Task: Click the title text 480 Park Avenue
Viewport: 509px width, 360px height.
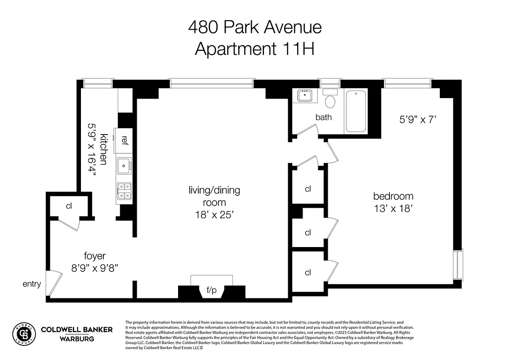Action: point(254,27)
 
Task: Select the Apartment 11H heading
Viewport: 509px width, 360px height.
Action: point(254,49)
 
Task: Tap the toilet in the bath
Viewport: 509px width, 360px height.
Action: point(330,99)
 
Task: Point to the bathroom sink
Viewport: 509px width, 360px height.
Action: point(306,96)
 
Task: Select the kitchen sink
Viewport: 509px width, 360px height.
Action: point(124,166)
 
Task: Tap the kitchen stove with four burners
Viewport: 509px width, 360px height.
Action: point(124,191)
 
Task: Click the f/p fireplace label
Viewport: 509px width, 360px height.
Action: point(211,290)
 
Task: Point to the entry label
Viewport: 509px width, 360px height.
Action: point(32,284)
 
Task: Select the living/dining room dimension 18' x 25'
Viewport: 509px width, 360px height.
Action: point(214,215)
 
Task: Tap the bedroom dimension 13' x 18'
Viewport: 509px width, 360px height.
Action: point(393,208)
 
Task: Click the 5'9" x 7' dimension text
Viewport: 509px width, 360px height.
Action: point(418,120)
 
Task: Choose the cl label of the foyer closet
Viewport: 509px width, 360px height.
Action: point(69,206)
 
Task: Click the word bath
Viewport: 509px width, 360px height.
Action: point(323,117)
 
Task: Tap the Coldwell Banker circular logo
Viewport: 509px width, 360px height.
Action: point(23,333)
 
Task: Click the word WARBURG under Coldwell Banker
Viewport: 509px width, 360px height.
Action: point(77,338)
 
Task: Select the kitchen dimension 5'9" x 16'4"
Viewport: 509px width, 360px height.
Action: point(92,153)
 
